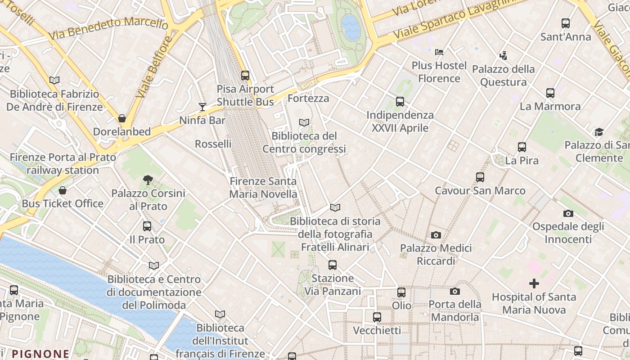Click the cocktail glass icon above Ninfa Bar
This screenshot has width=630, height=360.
tap(202, 107)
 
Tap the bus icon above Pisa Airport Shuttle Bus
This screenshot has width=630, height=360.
tap(245, 75)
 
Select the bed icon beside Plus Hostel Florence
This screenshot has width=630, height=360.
tap(439, 52)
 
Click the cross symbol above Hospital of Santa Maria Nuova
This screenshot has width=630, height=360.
tap(534, 283)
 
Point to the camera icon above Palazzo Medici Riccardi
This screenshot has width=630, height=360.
tap(436, 235)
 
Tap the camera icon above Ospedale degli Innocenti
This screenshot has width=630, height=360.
tap(568, 213)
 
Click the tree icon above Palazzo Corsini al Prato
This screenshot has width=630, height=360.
tap(148, 180)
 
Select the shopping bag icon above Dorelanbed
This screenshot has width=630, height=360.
tap(121, 118)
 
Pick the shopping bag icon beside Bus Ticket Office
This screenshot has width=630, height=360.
tap(63, 190)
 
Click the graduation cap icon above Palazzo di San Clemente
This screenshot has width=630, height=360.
tap(598, 132)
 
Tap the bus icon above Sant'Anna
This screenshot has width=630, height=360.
tap(566, 23)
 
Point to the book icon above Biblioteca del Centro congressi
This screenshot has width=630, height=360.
tap(304, 122)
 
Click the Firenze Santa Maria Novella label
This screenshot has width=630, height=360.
tap(263, 188)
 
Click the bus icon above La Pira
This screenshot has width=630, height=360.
tap(522, 147)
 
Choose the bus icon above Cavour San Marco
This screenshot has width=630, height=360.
tap(480, 177)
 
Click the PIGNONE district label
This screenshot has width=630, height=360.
tap(40, 354)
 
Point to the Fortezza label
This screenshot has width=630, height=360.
tap(308, 98)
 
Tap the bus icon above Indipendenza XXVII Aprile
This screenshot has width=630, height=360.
tap(400, 102)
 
